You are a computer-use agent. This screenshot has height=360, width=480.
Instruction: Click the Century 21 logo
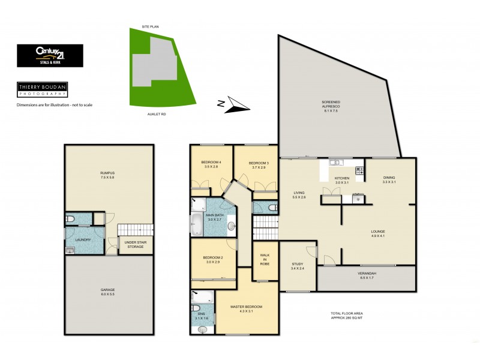(x=50, y=55)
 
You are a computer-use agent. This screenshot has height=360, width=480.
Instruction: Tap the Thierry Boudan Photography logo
(x=41, y=89)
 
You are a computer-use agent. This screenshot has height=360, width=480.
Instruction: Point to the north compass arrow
(x=233, y=106)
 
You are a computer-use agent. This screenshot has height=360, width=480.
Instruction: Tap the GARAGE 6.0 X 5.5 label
(x=107, y=293)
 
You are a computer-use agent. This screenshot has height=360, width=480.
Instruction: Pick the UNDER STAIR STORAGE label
(x=135, y=245)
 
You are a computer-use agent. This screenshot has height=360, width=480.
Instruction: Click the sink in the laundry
(x=70, y=251)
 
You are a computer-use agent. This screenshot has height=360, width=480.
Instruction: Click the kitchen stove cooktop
(x=359, y=171)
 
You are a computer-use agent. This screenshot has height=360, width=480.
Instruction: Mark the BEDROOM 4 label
(x=211, y=164)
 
